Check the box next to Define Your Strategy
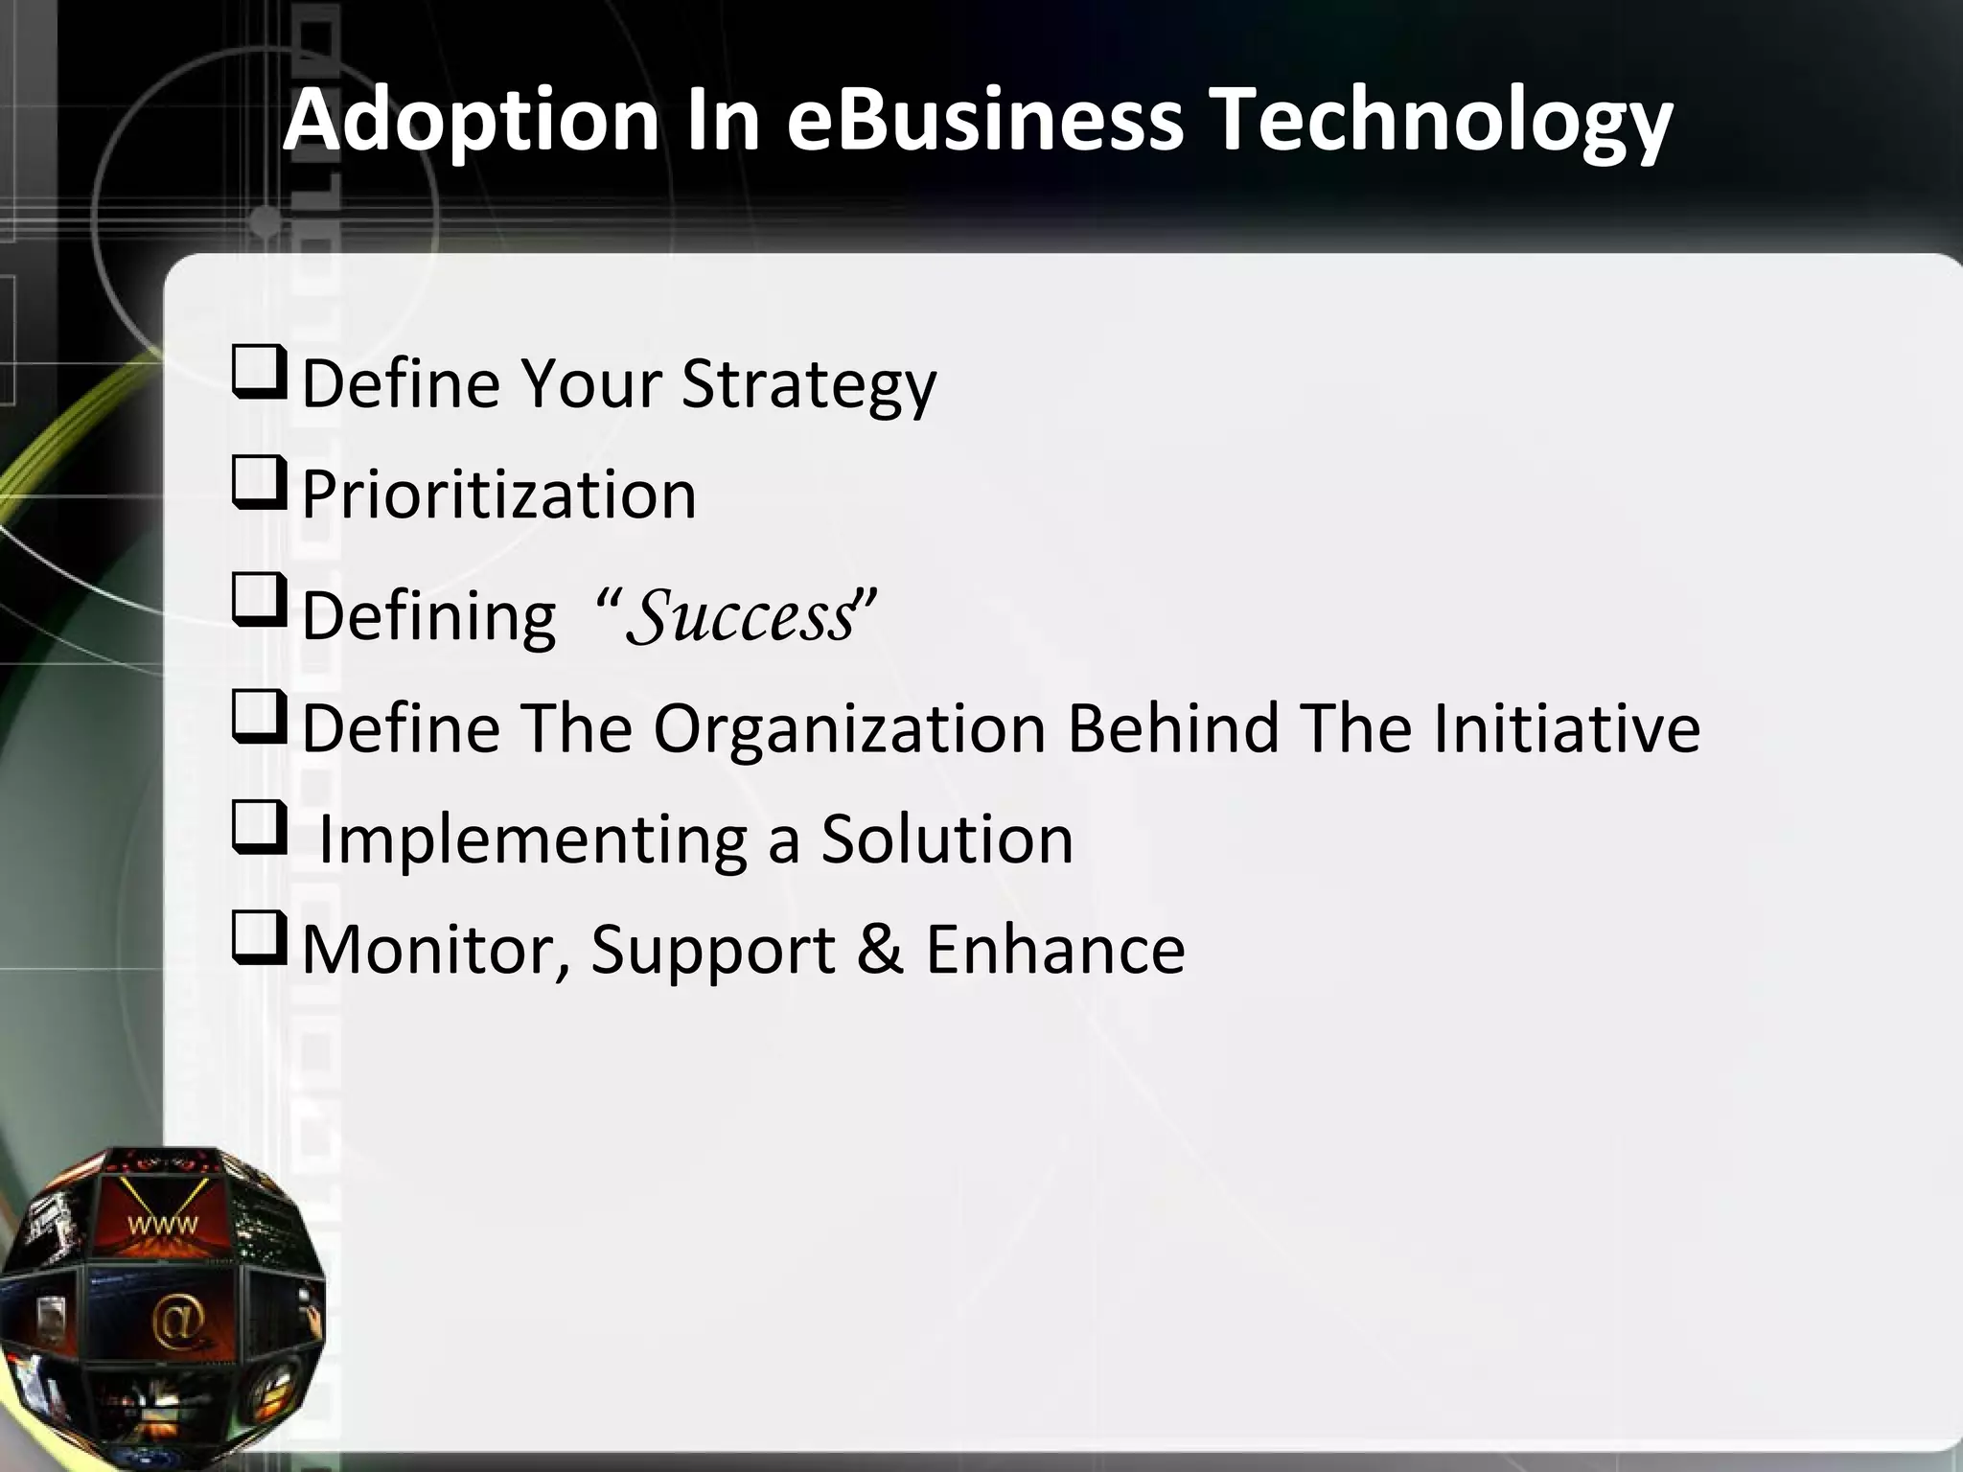(x=258, y=377)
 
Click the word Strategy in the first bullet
(x=808, y=384)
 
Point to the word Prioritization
(x=498, y=495)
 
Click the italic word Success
(x=740, y=616)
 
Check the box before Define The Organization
(x=258, y=720)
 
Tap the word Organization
(x=848, y=727)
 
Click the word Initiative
(x=1566, y=727)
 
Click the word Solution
(x=947, y=839)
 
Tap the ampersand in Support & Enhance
(x=880, y=949)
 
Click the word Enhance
(x=1054, y=949)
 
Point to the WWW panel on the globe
(x=163, y=1223)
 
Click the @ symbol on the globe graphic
(x=178, y=1322)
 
